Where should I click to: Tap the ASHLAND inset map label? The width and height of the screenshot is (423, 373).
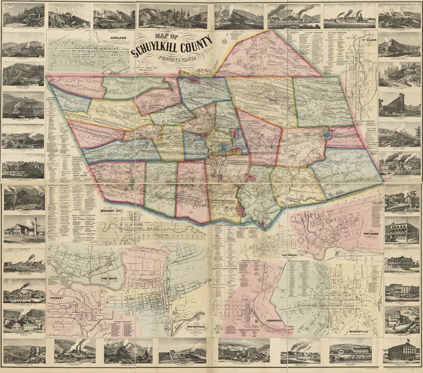pyautogui.click(x=118, y=38)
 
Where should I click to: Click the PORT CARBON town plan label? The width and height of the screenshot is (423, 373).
pyautogui.click(x=373, y=234)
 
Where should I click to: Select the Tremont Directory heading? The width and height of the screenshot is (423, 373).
pyautogui.click(x=126, y=322)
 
